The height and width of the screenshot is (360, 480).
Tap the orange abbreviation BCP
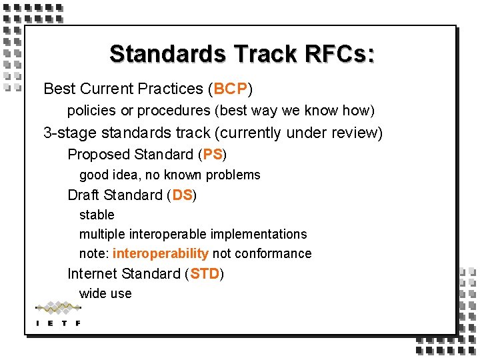tap(231, 89)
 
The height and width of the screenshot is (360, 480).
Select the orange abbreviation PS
tap(213, 155)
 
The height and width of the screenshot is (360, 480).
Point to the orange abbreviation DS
tap(182, 195)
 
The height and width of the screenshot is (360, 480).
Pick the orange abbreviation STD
tap(205, 274)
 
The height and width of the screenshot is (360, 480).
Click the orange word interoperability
tap(161, 253)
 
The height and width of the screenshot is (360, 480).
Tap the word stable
tap(97, 215)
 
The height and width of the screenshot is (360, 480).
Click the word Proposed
tap(98, 155)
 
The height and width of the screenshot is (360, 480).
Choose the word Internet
tap(92, 274)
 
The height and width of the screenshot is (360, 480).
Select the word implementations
tap(259, 234)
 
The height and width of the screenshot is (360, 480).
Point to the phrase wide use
tap(105, 293)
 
